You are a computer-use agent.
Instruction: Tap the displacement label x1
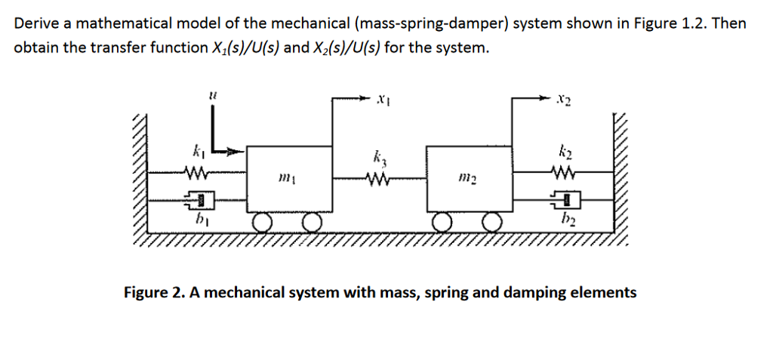pos(383,99)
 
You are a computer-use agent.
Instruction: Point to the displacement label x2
pos(562,99)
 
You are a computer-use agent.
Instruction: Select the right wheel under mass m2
pos(493,222)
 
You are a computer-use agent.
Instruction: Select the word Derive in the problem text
pos(37,23)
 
